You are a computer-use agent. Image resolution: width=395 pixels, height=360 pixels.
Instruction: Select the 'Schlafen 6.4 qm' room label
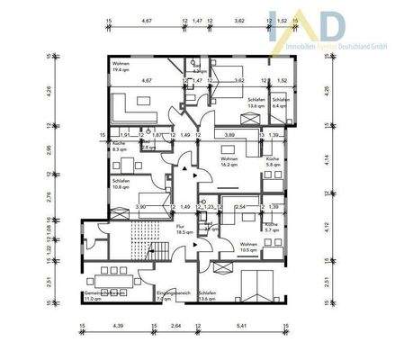(279, 103)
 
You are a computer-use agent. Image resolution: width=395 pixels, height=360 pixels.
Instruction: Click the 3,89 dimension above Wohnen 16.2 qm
(229, 133)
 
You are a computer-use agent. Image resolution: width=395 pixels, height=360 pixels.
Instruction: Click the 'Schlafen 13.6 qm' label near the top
(256, 103)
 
